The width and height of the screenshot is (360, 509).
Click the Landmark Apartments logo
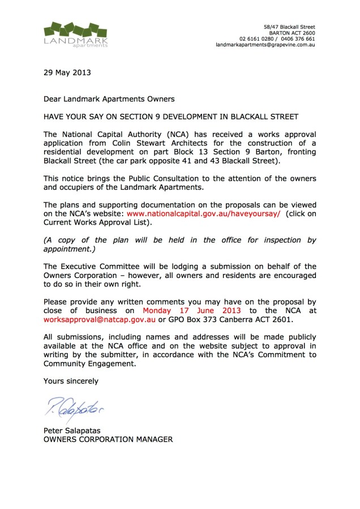coord(76,35)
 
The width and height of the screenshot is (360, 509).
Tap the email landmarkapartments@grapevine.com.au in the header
coord(265,44)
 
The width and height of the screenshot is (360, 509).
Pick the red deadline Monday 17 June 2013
coord(192,311)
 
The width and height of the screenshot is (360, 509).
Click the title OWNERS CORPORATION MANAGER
coord(108,439)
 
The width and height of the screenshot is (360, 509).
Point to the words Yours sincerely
coord(71,381)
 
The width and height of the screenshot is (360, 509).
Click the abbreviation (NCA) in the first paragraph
coord(153,134)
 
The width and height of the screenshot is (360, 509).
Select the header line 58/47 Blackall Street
coord(290,27)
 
